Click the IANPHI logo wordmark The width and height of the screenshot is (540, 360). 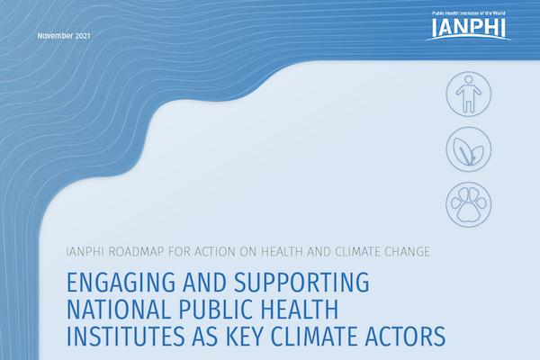point(468,27)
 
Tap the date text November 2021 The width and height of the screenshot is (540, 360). point(64,36)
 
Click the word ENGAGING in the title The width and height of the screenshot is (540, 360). point(121,283)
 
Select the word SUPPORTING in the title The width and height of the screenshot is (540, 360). point(301,283)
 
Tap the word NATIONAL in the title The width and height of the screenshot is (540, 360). point(119,309)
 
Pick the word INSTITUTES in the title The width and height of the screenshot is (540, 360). point(125,336)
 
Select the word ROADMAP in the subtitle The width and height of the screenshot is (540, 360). point(137,252)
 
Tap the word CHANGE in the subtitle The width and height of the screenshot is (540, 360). point(407,252)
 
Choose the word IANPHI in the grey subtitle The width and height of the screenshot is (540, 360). point(85,252)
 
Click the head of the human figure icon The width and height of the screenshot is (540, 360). point(468,80)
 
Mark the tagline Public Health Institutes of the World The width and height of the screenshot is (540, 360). point(469,13)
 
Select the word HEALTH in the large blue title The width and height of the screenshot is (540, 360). point(300,309)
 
